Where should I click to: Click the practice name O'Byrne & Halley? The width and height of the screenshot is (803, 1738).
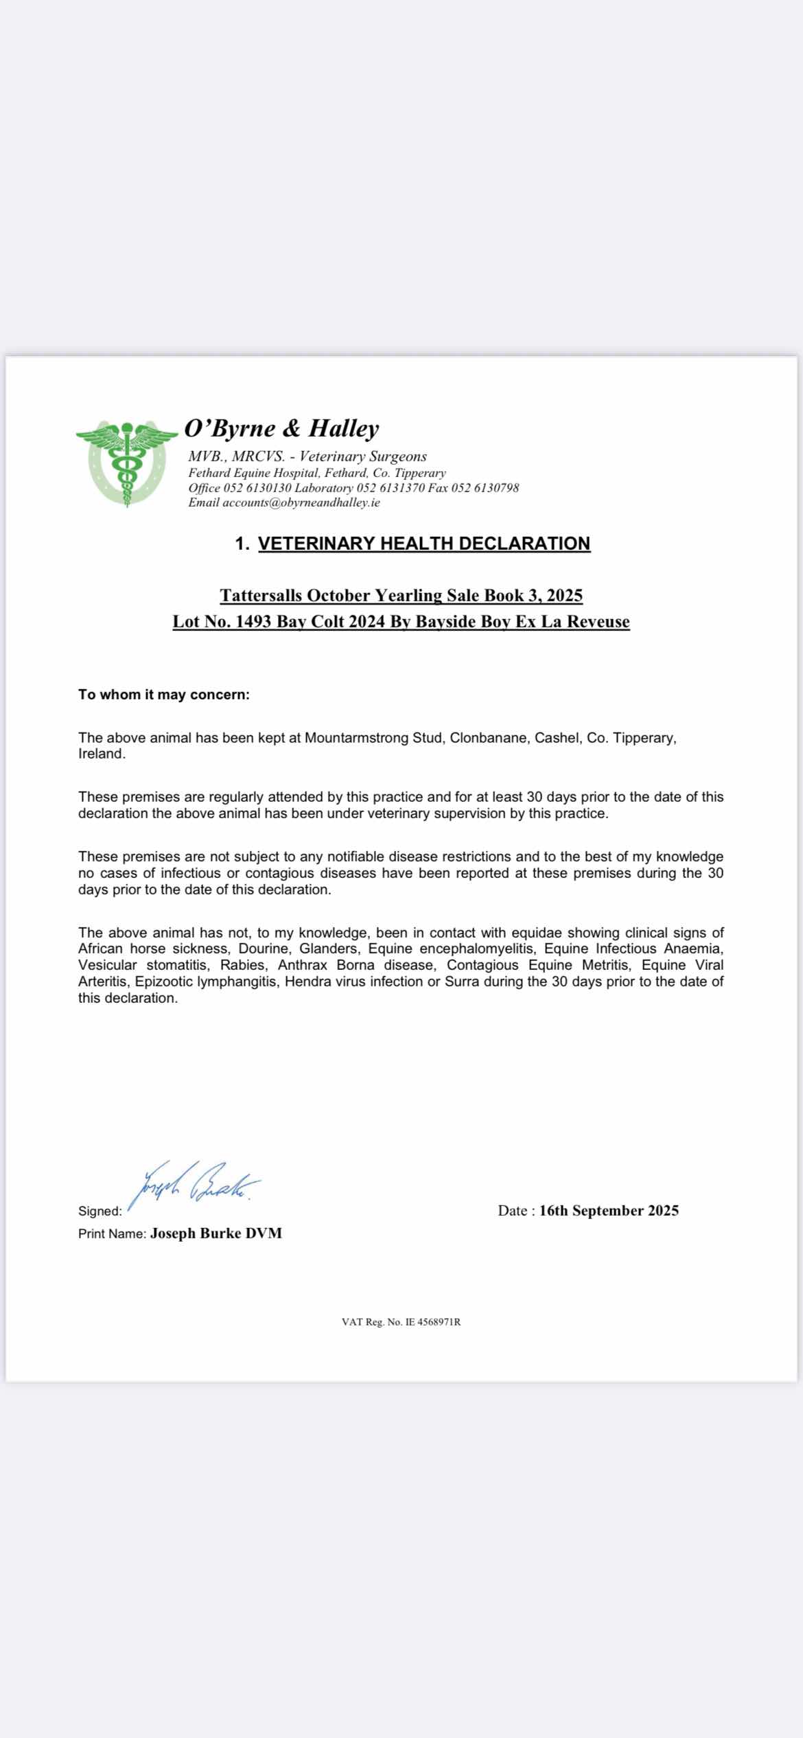click(281, 428)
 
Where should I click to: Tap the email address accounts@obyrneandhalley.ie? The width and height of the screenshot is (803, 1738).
click(301, 502)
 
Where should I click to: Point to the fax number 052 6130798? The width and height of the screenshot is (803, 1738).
click(485, 488)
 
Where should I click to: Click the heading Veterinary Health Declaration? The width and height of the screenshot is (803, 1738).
click(423, 544)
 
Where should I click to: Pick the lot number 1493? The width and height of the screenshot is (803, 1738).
click(253, 622)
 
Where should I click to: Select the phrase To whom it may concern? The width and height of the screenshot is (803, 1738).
click(163, 695)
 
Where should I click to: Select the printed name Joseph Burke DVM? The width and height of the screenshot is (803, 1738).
click(216, 1233)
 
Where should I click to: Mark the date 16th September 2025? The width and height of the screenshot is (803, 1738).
click(609, 1211)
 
